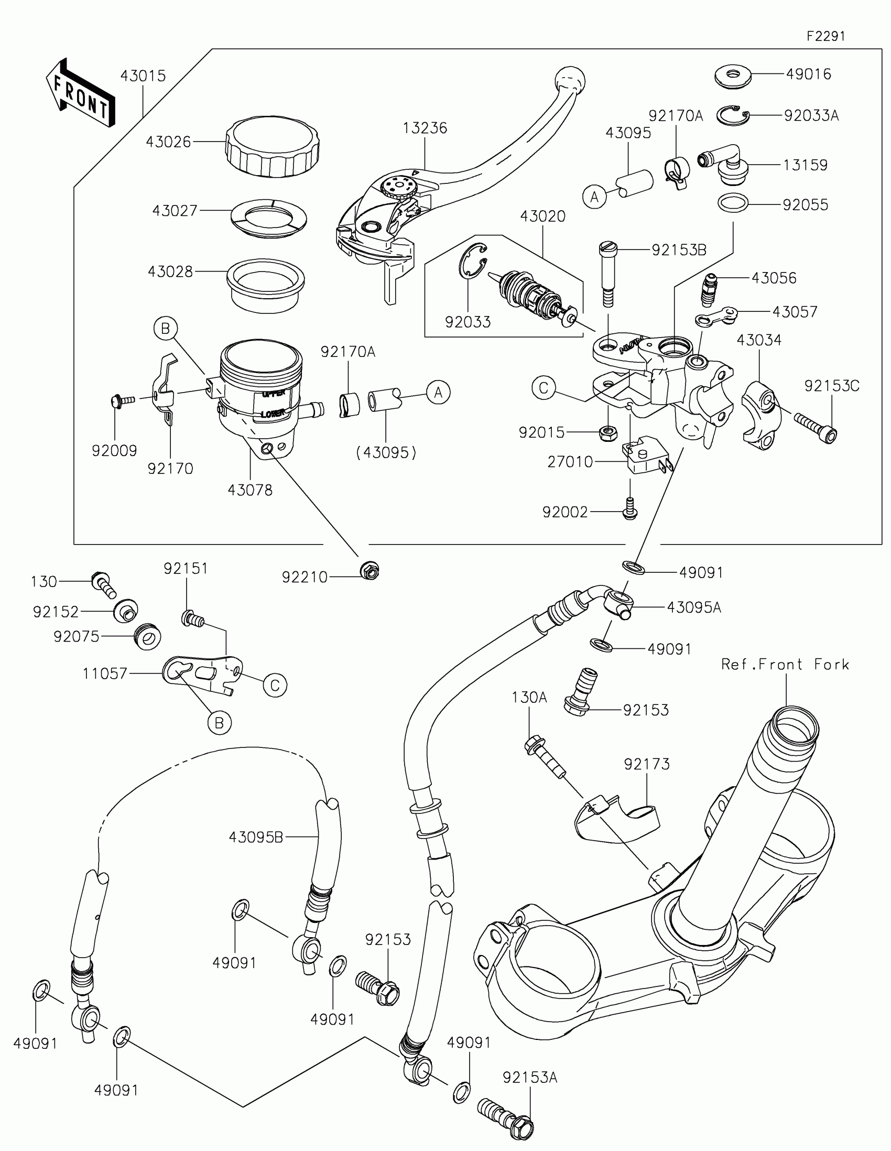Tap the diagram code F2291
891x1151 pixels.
(825, 36)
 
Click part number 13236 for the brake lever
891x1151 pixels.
(425, 128)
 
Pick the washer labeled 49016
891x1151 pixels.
(733, 76)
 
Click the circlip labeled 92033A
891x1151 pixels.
(733, 115)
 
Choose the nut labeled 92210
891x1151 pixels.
(370, 570)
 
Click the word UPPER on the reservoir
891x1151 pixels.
(274, 393)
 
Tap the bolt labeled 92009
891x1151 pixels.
(122, 401)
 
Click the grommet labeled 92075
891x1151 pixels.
(148, 637)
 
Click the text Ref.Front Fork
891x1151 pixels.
(785, 665)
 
